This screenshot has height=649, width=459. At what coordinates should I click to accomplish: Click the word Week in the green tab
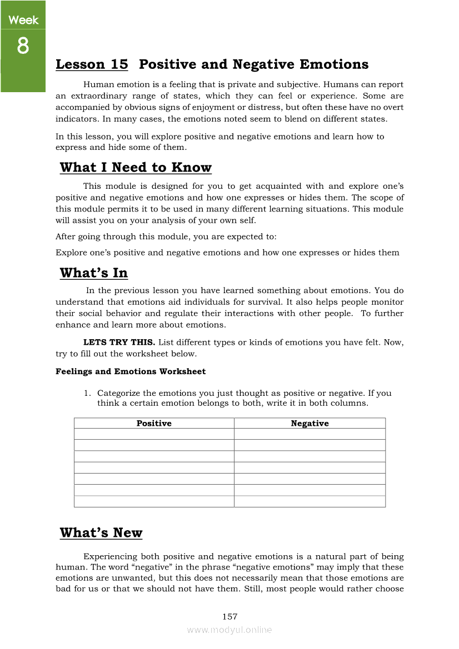pos(23,21)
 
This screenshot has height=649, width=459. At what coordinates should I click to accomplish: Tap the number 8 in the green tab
pos(23,46)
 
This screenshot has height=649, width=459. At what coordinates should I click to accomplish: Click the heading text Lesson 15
pos(92,64)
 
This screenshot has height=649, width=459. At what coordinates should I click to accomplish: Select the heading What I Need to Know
pos(136,168)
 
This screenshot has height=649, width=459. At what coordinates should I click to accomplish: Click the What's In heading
pos(93,273)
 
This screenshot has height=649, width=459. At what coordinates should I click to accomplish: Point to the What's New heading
pos(101,533)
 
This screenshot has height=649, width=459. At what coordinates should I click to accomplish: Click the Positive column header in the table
pos(154,424)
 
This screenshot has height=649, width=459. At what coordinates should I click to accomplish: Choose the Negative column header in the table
pos(310,424)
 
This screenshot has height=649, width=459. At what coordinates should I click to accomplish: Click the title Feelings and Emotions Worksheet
pos(131,371)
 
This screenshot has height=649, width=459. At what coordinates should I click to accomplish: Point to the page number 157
pos(229,617)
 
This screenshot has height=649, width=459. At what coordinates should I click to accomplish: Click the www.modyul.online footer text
pos(229,630)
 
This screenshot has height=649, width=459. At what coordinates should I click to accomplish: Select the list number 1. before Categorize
pos(87,394)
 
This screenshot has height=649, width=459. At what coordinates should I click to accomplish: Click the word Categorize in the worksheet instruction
pos(118,394)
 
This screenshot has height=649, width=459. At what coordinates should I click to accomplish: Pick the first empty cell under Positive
pos(154,434)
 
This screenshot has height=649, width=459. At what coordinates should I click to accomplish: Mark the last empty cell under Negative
pos(310,501)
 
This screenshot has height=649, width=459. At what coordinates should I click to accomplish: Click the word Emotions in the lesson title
pos(334,64)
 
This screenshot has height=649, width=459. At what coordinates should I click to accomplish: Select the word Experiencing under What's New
pos(110,556)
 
